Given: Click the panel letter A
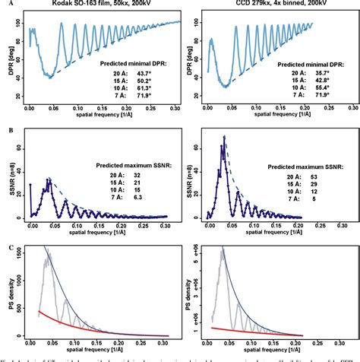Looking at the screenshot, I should point(5,5).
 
